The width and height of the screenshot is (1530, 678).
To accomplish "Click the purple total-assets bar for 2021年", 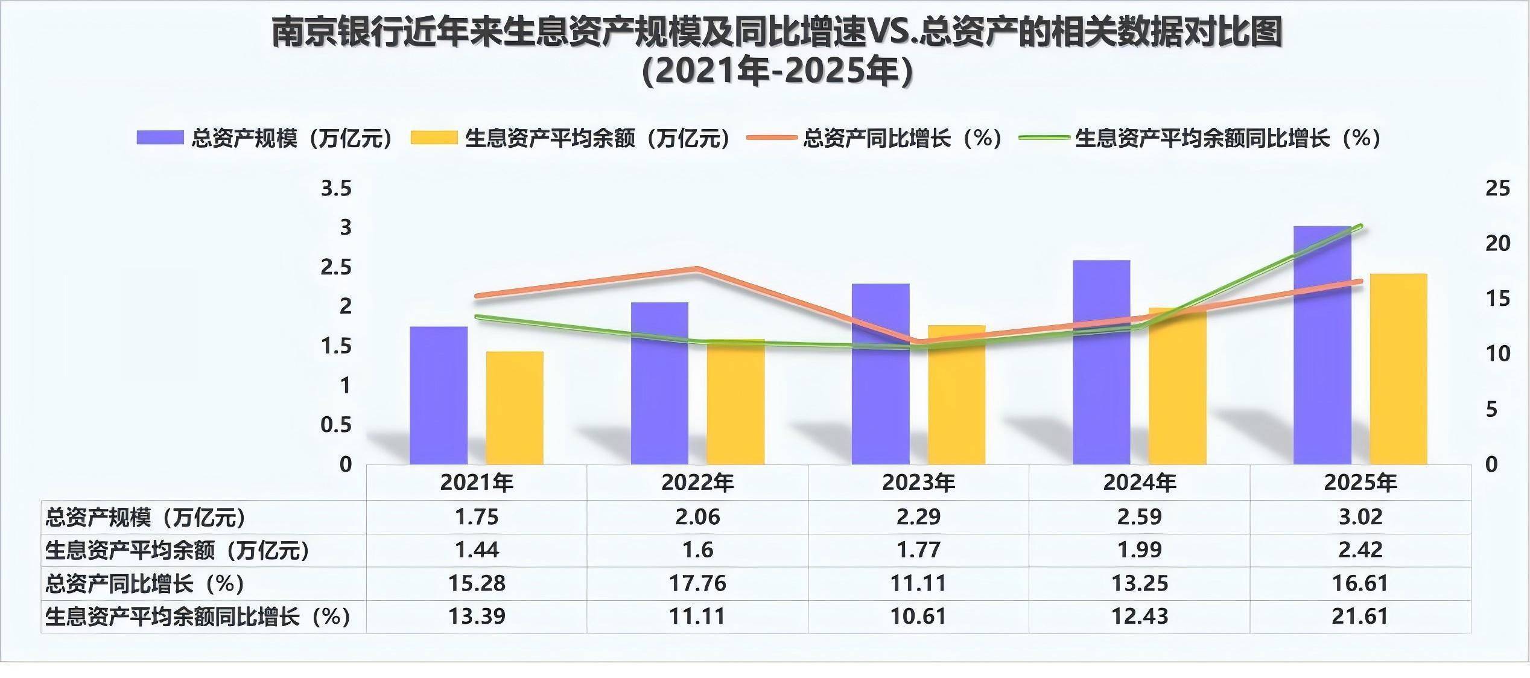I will tap(439, 395).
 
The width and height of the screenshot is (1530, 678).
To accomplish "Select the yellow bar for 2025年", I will tap(1398, 369).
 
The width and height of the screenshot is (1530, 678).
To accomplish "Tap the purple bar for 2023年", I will tap(880, 374).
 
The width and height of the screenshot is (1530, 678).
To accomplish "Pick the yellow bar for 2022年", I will tap(735, 402).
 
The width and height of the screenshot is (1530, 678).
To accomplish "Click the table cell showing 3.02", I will tap(1360, 517).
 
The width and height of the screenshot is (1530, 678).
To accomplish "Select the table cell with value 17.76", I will tap(697, 583).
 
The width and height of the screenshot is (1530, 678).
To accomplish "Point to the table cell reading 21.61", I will tap(1360, 616).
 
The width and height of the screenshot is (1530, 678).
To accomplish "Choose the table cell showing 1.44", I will tap(477, 550).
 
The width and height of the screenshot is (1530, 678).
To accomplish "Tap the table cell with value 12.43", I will tap(1140, 616).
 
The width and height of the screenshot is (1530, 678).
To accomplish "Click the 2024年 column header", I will tap(1140, 483).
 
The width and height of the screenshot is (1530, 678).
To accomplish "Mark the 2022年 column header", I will tap(697, 483).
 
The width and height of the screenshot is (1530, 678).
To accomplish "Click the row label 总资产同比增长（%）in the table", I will tap(145, 583).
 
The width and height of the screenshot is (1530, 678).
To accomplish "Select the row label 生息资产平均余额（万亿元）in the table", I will tap(177, 550).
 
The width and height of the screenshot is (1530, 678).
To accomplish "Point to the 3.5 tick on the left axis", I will tap(336, 189).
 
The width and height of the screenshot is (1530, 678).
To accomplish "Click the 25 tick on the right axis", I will tap(1497, 189).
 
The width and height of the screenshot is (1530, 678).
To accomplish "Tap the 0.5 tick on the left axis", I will tap(336, 425).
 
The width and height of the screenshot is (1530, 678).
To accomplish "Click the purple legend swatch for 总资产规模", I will tap(160, 138).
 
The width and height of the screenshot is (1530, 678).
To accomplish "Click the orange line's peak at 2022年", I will tap(697, 269).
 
